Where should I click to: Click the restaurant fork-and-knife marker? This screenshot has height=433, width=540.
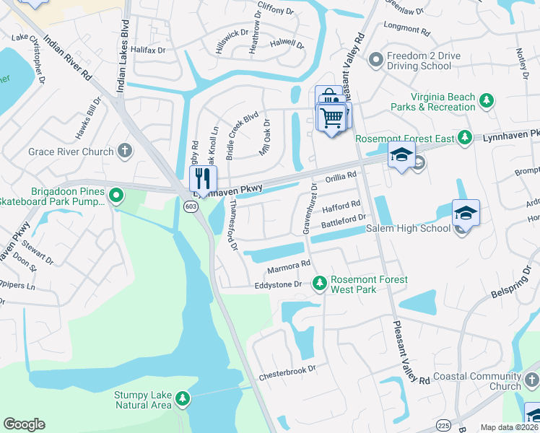click(203, 178)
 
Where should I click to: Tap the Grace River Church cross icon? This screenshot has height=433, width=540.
click(126, 152)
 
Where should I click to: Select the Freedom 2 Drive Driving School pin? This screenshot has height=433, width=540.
click(375, 61)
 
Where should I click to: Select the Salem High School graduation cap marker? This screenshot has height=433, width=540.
click(466, 213)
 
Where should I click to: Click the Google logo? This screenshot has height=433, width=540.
click(24, 424)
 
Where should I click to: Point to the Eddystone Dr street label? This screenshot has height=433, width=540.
click(278, 285)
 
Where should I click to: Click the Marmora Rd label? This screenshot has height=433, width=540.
click(288, 266)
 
